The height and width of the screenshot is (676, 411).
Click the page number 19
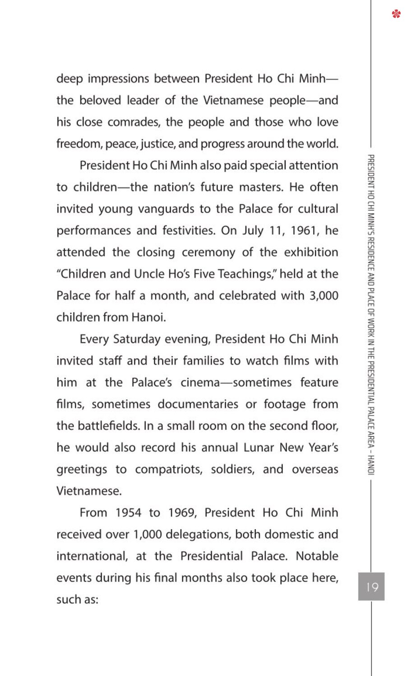[372, 587]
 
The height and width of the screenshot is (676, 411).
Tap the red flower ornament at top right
[397, 14]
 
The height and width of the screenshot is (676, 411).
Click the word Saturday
[137, 339]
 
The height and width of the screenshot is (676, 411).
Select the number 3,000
[324, 296]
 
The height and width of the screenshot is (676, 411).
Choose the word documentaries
[198, 404]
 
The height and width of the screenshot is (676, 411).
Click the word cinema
[200, 383]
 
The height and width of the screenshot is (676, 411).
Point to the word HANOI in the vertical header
[371, 464]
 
